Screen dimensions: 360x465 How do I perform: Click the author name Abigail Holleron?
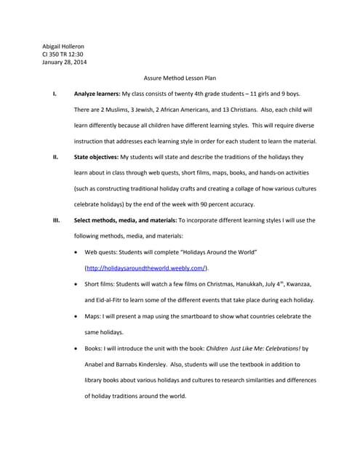63,46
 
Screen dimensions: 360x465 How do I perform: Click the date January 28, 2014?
65,62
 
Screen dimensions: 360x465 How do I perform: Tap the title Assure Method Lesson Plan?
180,78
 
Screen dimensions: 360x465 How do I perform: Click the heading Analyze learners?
97,94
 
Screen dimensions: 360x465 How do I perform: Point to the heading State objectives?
97,157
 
